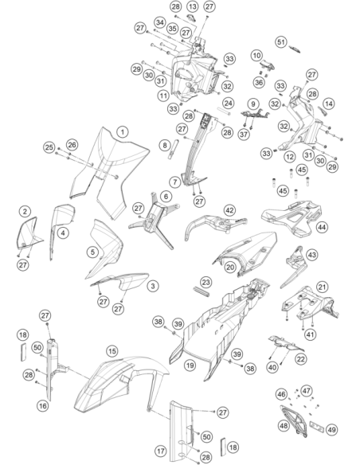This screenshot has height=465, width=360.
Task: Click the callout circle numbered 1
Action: point(123,132)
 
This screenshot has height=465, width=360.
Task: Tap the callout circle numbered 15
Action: point(112,351)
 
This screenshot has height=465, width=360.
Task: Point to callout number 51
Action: point(281,42)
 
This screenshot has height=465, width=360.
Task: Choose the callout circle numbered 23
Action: point(205,282)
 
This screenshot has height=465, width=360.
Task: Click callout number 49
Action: point(331,429)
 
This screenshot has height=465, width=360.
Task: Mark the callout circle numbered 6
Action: point(166,196)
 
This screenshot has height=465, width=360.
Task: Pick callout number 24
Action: point(228,104)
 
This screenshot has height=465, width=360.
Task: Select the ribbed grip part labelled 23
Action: point(202,291)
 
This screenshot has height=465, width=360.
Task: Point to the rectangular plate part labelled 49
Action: point(317,425)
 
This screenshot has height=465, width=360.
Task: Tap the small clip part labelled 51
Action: point(295,49)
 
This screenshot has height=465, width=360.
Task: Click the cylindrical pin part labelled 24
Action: point(223,111)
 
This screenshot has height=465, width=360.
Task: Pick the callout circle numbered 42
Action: point(229,210)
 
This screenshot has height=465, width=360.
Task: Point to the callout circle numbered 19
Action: point(190,365)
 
